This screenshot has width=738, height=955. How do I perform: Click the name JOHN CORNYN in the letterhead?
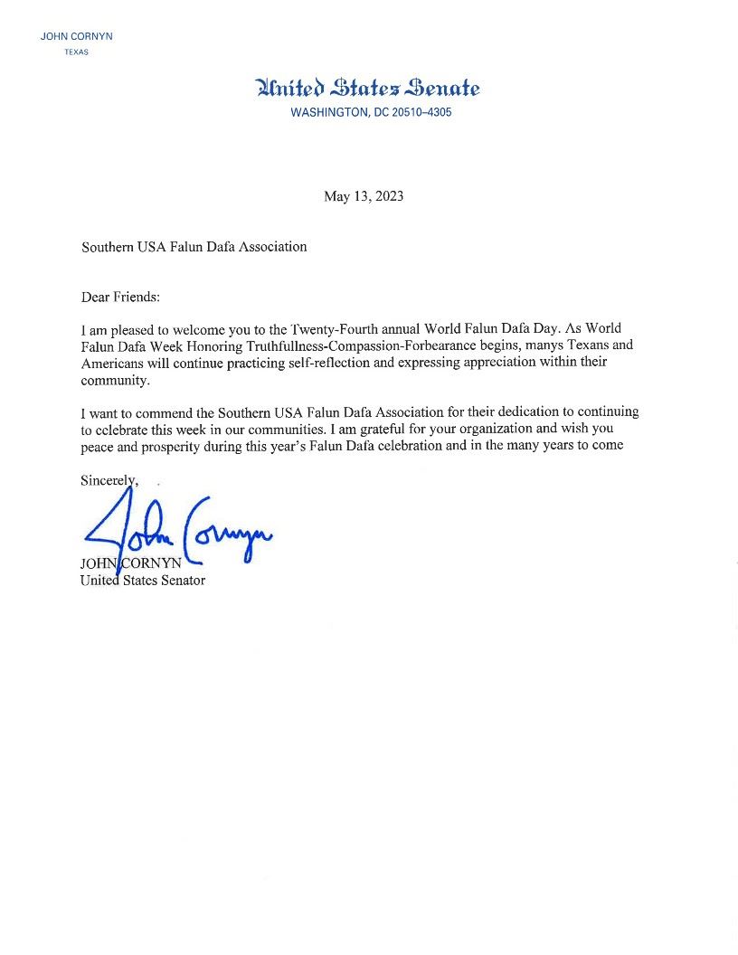(x=76, y=36)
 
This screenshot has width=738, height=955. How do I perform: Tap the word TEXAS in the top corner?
(x=76, y=52)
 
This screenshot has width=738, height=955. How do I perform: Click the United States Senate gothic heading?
(x=368, y=88)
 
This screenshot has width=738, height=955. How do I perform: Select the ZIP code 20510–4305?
(x=421, y=113)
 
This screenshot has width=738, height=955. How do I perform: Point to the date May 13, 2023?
(x=364, y=196)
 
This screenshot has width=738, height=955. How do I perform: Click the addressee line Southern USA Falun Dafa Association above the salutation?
(x=194, y=246)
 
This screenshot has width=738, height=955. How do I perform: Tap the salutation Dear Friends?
(x=120, y=297)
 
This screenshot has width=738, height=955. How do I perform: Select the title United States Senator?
(x=143, y=581)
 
